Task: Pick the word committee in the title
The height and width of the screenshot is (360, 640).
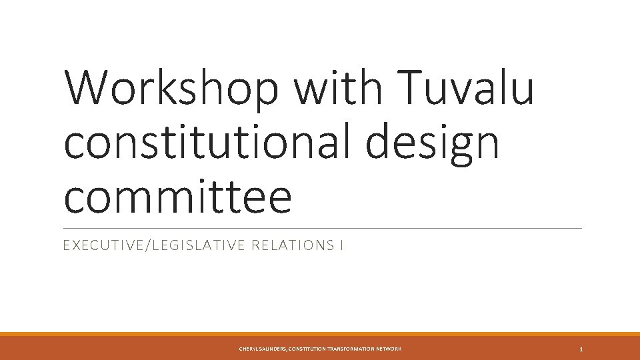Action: point(177,197)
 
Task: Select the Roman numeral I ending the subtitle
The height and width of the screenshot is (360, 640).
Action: point(341,246)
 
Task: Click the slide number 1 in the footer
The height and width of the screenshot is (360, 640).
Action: point(581,349)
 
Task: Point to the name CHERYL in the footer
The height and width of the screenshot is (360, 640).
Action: point(249,349)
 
